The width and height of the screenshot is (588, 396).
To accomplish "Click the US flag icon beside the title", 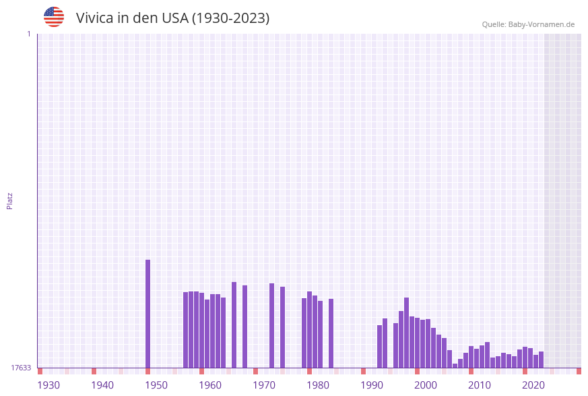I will click(x=54, y=17).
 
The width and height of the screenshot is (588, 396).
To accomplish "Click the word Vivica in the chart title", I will click(x=94, y=18).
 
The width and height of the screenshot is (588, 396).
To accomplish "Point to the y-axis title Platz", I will click(x=10, y=200).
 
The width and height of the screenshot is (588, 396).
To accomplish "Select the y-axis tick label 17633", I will click(x=21, y=368).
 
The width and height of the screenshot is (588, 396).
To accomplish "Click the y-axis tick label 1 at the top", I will click(x=29, y=34).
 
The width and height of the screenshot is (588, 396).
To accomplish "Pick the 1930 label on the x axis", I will click(x=48, y=385).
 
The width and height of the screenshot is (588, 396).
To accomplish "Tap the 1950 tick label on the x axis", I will click(x=156, y=385).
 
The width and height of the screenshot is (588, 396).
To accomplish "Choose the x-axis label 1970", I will click(x=264, y=385).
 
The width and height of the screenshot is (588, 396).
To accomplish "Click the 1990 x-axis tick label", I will click(x=372, y=385).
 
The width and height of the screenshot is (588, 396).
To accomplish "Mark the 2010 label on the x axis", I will click(x=480, y=385).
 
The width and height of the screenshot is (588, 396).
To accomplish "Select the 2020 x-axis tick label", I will click(x=533, y=385).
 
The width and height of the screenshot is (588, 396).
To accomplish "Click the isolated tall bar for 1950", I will click(x=148, y=314).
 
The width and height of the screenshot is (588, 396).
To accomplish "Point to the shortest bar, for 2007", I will click(x=455, y=366).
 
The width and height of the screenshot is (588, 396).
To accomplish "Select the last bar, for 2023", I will click(x=542, y=360).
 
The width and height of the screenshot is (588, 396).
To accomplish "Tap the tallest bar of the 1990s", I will click(x=407, y=333).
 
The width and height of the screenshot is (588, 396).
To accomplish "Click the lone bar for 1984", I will click(x=331, y=333).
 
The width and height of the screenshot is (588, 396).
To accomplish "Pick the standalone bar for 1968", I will click(x=245, y=327).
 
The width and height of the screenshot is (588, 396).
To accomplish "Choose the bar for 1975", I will click(x=283, y=327).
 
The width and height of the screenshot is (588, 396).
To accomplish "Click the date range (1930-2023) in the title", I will click(x=231, y=18).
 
